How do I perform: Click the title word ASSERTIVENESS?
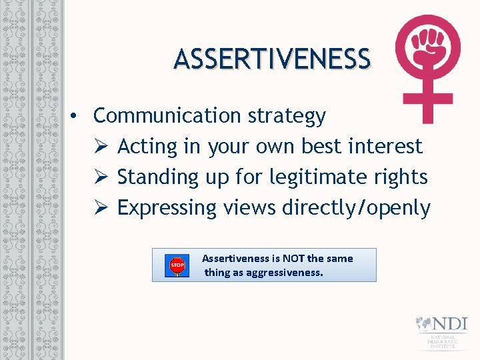click(x=272, y=59)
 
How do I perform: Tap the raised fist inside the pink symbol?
click(x=427, y=47)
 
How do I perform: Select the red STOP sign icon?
click(x=177, y=265)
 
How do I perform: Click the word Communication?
click(x=167, y=115)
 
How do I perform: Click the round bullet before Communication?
click(x=78, y=116)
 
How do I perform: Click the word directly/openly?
click(x=356, y=208)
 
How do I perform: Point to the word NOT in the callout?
click(x=294, y=259)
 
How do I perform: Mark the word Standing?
click(x=158, y=177)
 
